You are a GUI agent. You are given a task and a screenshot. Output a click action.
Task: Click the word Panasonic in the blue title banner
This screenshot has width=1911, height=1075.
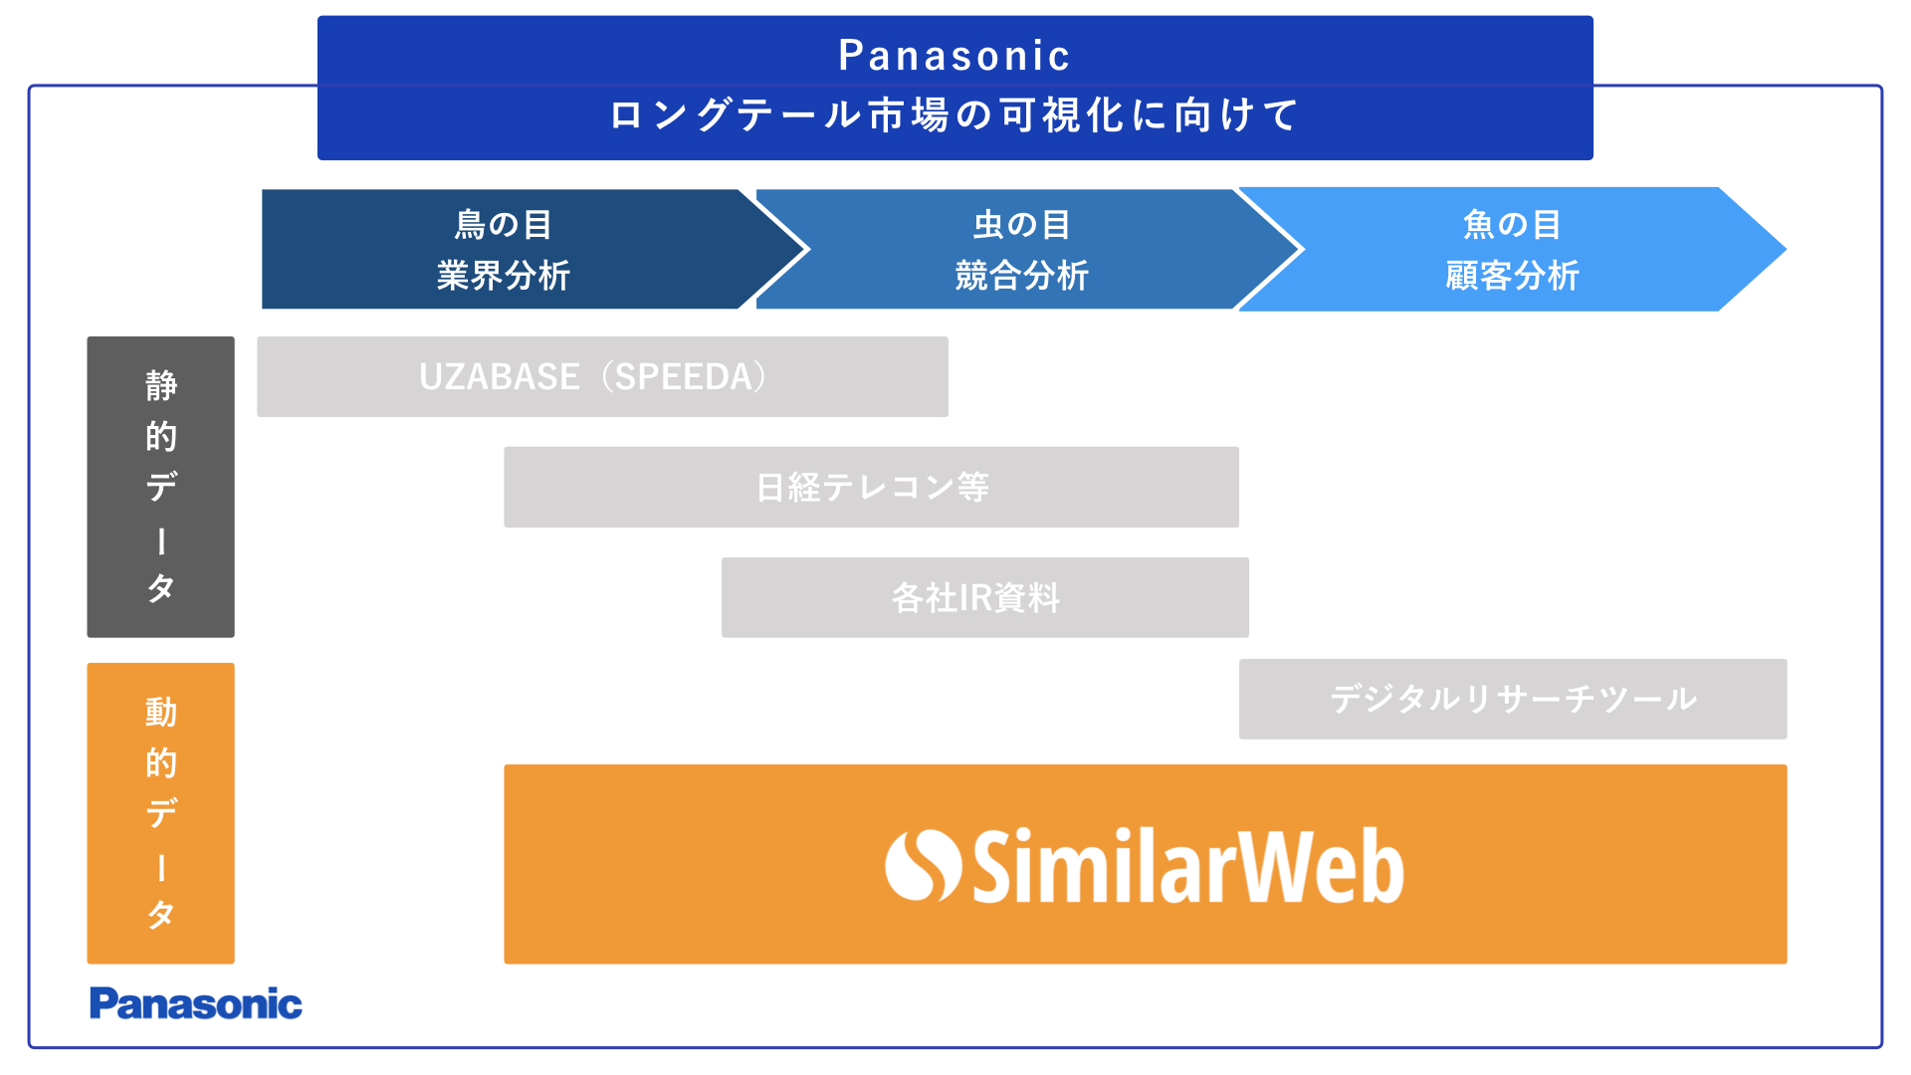954,56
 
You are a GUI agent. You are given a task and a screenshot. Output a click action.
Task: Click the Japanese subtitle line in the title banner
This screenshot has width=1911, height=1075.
954,115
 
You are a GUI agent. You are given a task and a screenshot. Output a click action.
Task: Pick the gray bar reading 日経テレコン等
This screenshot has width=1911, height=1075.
872,487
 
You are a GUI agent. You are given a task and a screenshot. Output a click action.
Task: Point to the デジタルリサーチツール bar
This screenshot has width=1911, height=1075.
1513,699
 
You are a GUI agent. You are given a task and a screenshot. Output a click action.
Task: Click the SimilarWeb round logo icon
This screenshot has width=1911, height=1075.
923,865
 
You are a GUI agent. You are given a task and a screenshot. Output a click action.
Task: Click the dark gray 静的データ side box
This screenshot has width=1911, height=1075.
161,487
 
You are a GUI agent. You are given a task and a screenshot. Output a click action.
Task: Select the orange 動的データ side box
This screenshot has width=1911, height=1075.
161,813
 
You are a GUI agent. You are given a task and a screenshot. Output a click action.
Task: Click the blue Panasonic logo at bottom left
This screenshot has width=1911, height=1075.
196,1003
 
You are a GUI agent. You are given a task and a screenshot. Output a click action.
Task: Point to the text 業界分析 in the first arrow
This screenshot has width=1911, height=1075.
504,276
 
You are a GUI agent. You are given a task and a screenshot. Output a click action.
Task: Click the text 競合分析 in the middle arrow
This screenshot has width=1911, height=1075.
1022,276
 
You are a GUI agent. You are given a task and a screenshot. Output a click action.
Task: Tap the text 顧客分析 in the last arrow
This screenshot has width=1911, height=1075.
1512,276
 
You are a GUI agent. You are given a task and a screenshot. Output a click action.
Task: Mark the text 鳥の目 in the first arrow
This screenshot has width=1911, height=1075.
504,225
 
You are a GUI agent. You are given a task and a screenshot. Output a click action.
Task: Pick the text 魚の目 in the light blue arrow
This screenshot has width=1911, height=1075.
1512,225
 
